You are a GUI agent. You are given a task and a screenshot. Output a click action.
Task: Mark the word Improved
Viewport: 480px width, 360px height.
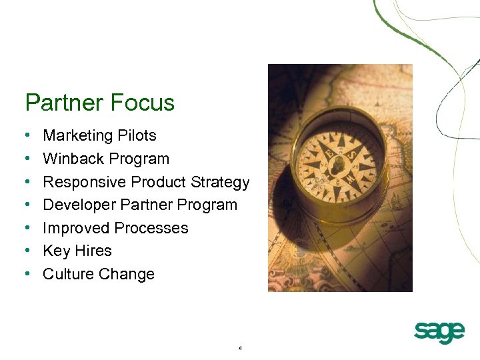75,228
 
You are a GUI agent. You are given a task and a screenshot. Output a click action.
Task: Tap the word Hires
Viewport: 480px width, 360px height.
93,251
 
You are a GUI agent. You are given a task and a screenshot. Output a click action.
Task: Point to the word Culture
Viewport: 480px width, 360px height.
68,274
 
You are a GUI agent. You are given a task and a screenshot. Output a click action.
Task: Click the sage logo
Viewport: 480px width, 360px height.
439,331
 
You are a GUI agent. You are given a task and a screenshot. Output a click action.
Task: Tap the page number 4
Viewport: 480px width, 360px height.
239,348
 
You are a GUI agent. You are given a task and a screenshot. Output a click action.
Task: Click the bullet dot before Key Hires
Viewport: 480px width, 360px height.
26,251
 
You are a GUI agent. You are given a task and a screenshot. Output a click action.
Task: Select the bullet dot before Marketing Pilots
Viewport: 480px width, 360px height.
26,136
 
